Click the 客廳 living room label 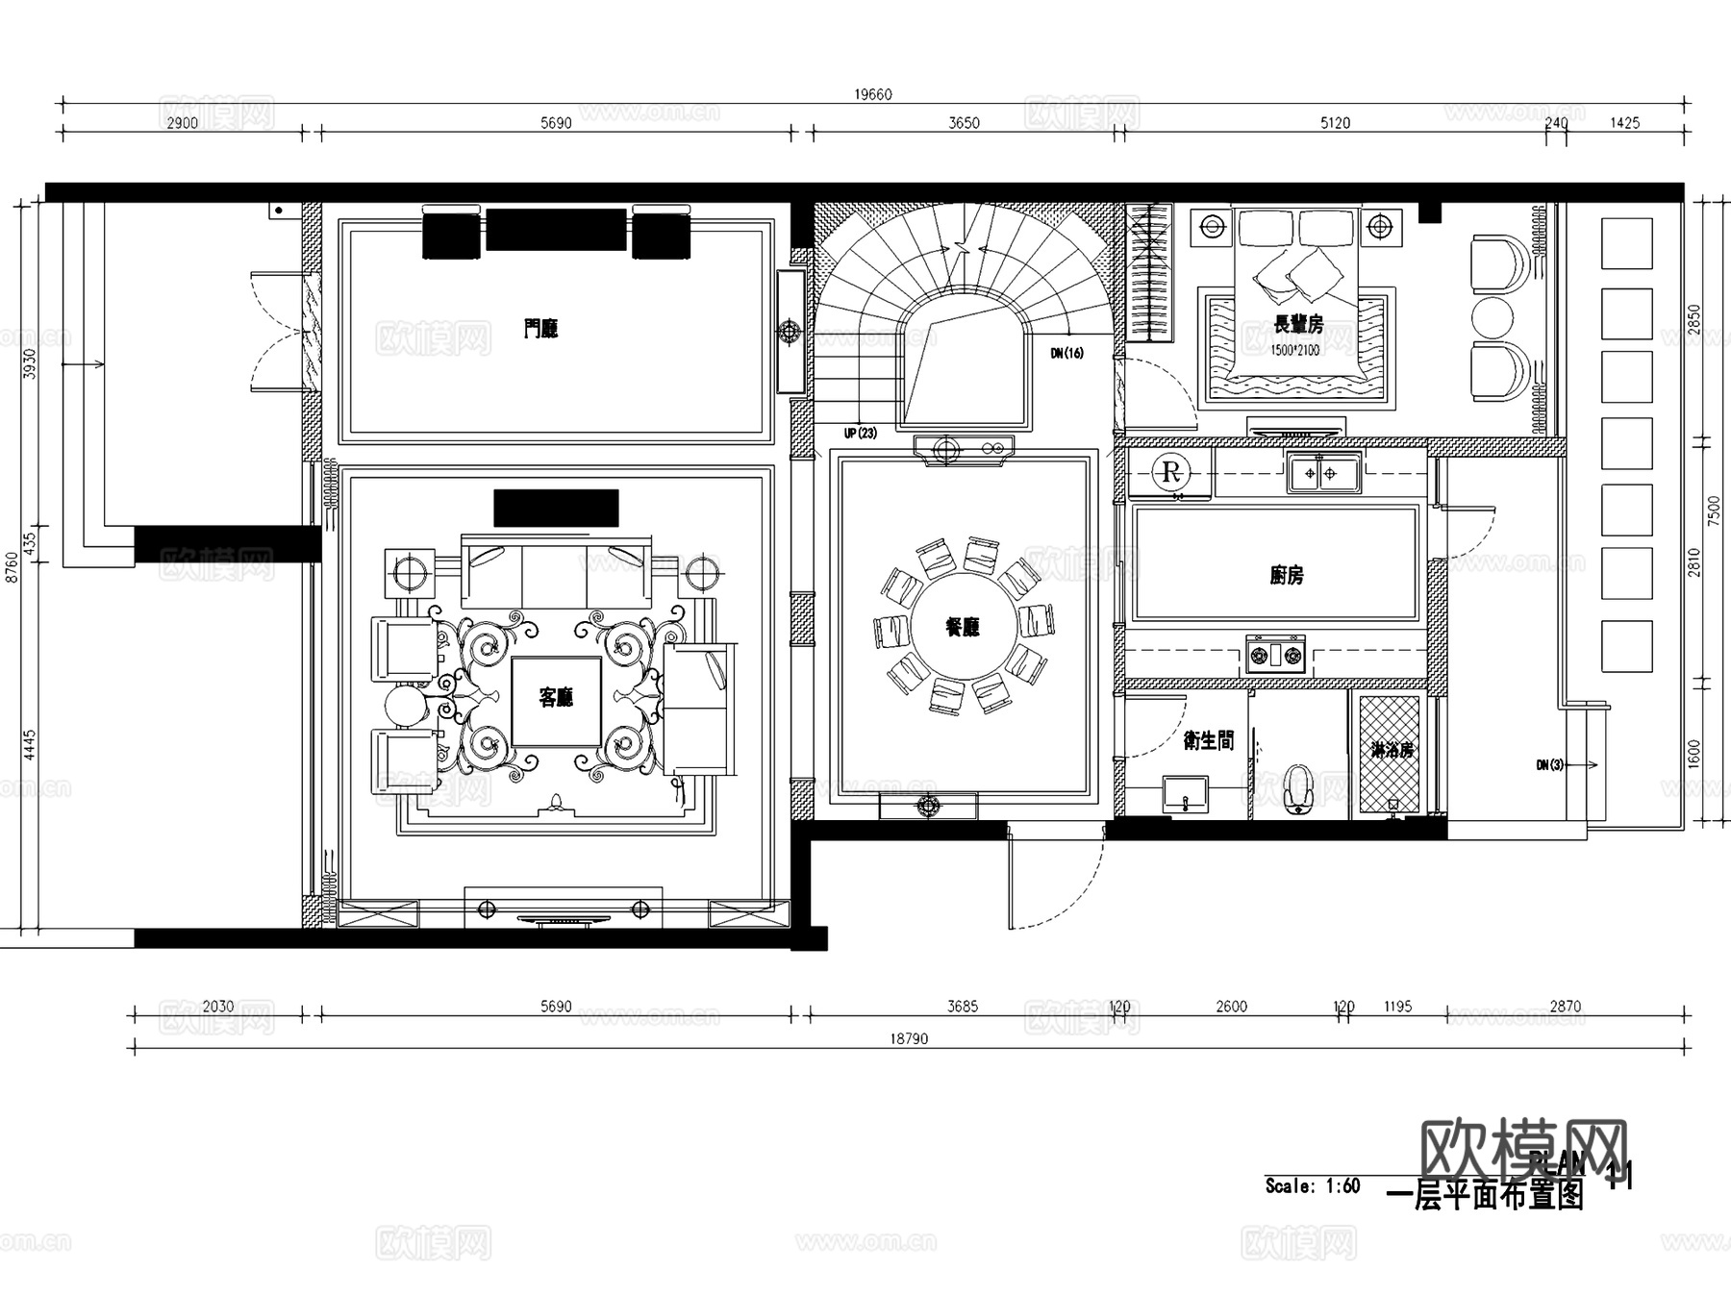pyautogui.click(x=556, y=697)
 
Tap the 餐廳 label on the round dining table pyautogui.click(x=963, y=627)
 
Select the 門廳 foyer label pyautogui.click(x=540, y=329)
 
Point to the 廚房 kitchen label pyautogui.click(x=1286, y=575)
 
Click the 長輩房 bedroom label pyautogui.click(x=1297, y=324)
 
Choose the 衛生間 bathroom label pyautogui.click(x=1208, y=739)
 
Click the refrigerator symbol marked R pyautogui.click(x=1170, y=472)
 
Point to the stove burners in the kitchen pyautogui.click(x=1275, y=656)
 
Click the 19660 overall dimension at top pyautogui.click(x=873, y=94)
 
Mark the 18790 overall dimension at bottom pyautogui.click(x=909, y=1038)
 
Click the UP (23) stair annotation pyautogui.click(x=861, y=434)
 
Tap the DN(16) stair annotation pyautogui.click(x=1066, y=353)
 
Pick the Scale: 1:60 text pyautogui.click(x=1312, y=1185)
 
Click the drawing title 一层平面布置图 pyautogui.click(x=1485, y=1196)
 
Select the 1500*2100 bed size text pyautogui.click(x=1294, y=350)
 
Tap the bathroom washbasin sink pyautogui.click(x=1186, y=795)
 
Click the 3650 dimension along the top pyautogui.click(x=964, y=123)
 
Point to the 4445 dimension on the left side pyautogui.click(x=30, y=745)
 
